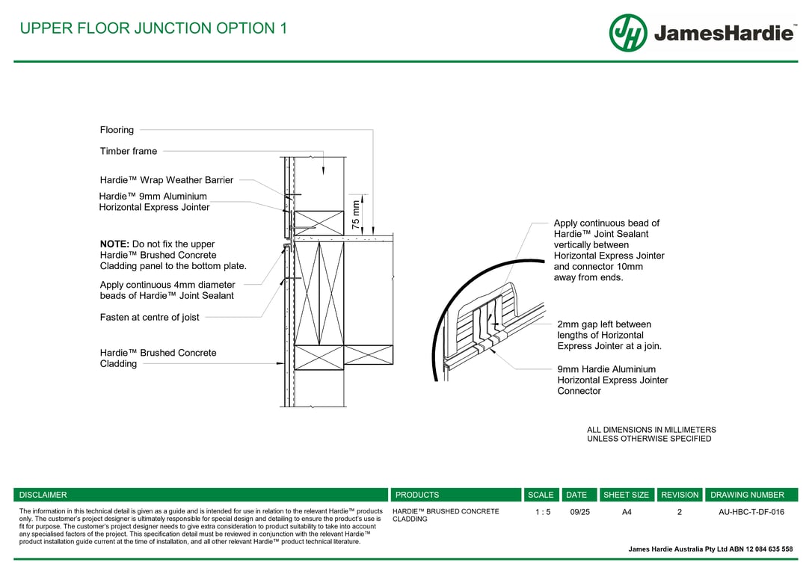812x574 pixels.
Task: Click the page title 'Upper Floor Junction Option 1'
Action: point(153,28)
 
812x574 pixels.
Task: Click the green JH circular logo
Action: point(628,33)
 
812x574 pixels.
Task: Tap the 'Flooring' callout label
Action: point(117,130)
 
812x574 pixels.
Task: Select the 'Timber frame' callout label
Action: point(129,151)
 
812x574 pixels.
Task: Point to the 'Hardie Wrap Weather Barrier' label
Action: point(167,180)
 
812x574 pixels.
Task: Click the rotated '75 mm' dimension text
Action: point(356,215)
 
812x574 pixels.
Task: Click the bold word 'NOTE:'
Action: point(114,244)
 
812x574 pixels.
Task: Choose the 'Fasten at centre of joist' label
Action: point(150,318)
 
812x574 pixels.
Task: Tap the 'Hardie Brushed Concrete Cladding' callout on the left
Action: point(158,358)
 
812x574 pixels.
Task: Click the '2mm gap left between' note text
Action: point(604,324)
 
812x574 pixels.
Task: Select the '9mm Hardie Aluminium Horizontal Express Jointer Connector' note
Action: point(612,380)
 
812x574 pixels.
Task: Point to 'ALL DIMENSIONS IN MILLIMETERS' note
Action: point(651,430)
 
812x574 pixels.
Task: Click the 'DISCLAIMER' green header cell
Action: point(43,495)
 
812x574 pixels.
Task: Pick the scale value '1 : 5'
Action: point(543,512)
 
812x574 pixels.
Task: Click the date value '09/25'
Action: point(579,512)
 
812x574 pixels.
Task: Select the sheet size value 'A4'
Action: point(627,512)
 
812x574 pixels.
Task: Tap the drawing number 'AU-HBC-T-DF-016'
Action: point(751,512)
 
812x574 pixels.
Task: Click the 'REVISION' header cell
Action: point(680,495)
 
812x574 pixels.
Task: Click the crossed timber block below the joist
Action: point(319,357)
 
